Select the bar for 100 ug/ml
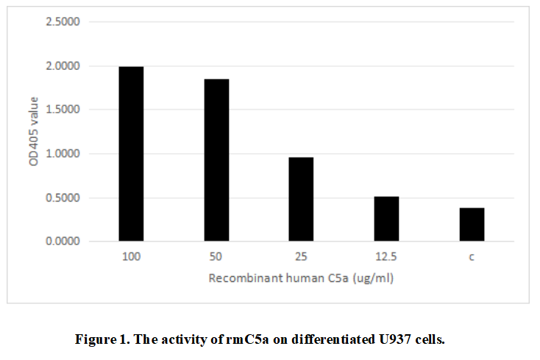point(131,154)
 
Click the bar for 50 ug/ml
point(216,160)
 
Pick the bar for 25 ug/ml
point(302,199)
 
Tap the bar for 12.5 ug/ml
point(386,219)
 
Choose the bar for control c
point(472,225)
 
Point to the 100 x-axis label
point(131,257)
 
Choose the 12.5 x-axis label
point(386,257)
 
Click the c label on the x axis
point(472,257)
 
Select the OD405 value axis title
point(34,132)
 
